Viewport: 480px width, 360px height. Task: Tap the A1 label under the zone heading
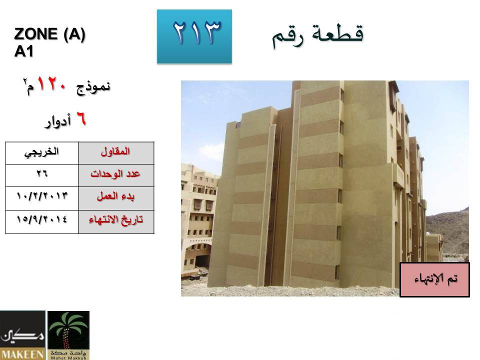click(23, 51)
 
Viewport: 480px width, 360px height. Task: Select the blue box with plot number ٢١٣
click(194, 36)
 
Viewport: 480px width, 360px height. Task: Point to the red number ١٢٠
click(51, 84)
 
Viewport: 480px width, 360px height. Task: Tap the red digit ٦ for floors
click(81, 119)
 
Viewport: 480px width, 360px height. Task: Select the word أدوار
click(58, 121)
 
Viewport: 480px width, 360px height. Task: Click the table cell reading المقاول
click(116, 153)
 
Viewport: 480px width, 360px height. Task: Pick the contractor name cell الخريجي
click(42, 153)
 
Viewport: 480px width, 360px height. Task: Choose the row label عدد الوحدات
click(116, 175)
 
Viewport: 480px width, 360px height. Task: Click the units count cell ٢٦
click(42, 175)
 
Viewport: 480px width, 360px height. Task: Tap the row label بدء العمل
click(116, 198)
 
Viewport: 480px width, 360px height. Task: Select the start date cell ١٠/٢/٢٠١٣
click(42, 198)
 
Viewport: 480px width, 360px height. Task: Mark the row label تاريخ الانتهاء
click(116, 222)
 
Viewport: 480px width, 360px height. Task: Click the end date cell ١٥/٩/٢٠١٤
click(42, 222)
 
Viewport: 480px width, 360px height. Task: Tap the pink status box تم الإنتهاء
click(434, 279)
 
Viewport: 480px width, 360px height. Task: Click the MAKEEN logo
click(22, 335)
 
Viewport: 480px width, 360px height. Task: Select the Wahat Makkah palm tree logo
click(68, 335)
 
